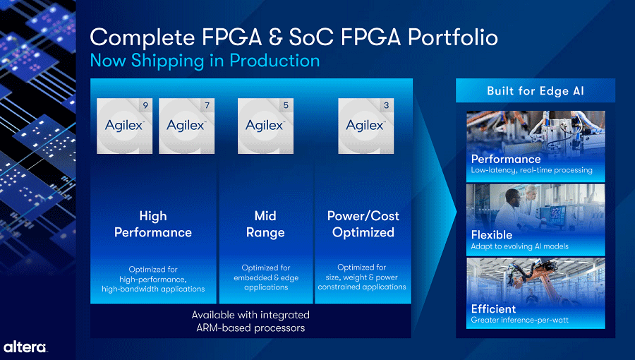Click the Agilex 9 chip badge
click(124, 126)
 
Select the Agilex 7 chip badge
click(187, 126)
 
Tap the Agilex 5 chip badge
click(265, 126)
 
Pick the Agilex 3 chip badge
click(365, 126)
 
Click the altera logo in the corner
click(25, 347)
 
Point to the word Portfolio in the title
click(453, 37)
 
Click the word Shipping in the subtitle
click(168, 61)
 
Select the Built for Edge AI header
click(536, 91)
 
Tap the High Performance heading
click(153, 224)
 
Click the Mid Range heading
click(265, 224)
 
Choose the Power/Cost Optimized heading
click(363, 224)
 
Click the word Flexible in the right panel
click(492, 235)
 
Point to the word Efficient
click(493, 309)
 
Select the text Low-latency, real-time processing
click(531, 171)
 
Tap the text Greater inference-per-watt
click(519, 320)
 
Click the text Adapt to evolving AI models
click(519, 246)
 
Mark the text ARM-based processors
click(250, 328)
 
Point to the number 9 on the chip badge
click(145, 105)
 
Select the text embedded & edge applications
click(266, 282)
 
